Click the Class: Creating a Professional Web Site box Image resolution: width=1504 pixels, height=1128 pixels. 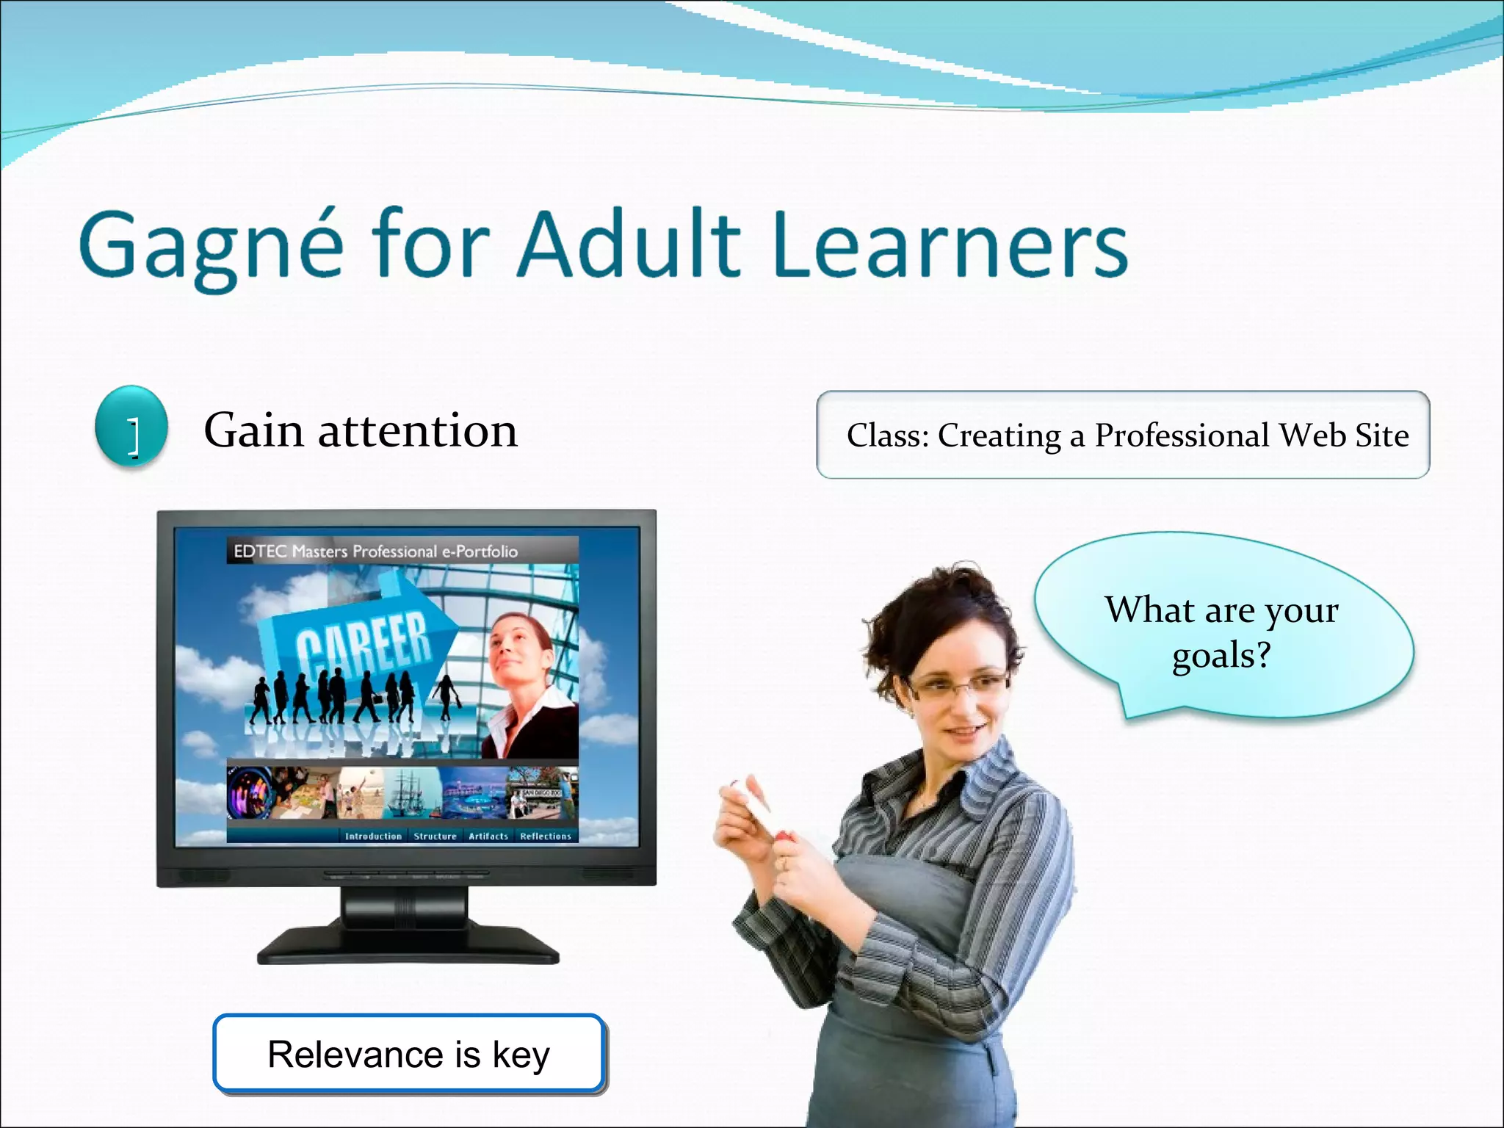[1123, 435]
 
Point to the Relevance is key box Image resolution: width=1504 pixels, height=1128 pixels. [409, 1054]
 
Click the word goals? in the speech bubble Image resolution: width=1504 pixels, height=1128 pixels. [1221, 654]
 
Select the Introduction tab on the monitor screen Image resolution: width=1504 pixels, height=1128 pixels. [373, 836]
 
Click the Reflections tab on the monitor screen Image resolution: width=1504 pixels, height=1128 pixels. [545, 836]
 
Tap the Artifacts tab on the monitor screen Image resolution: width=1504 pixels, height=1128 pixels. [488, 836]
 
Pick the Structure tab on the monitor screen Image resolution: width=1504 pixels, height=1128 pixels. [435, 836]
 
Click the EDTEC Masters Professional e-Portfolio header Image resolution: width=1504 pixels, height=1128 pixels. [375, 551]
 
